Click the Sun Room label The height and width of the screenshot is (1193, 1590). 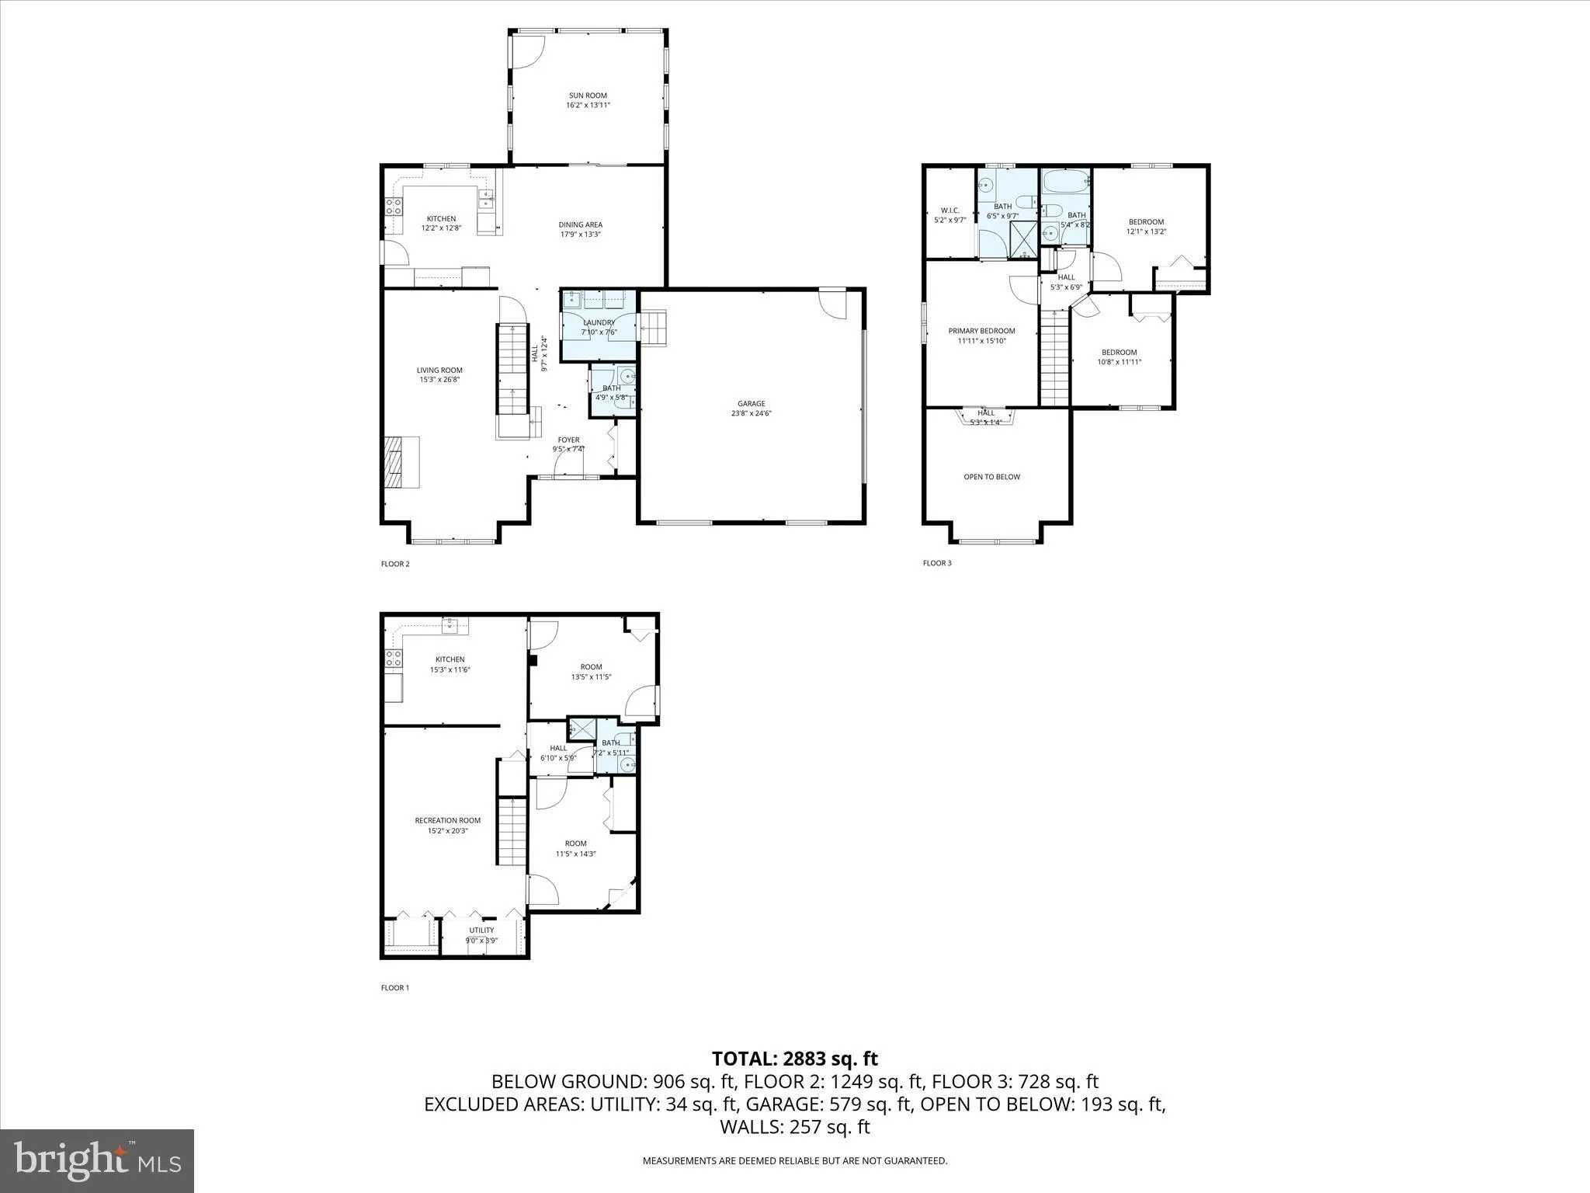tap(588, 96)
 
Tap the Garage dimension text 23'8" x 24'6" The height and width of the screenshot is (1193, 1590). tap(751, 414)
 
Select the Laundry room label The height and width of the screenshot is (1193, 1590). tap(599, 322)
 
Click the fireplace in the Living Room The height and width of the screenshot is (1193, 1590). tap(401, 461)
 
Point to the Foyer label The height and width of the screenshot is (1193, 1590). tap(568, 440)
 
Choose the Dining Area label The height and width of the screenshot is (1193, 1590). tap(580, 224)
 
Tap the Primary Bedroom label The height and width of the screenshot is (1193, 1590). tap(981, 331)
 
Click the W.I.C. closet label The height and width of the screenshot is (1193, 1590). tap(949, 210)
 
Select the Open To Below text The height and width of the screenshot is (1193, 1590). tap(991, 477)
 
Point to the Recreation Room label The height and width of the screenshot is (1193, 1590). tap(447, 820)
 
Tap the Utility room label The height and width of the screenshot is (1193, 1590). tap(481, 930)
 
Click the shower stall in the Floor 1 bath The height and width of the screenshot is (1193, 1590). tap(581, 728)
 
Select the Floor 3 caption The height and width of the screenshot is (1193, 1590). tap(936, 563)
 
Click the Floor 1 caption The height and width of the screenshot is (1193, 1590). tap(394, 988)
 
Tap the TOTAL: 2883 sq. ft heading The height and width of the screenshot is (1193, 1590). tap(794, 1059)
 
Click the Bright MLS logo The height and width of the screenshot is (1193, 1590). tap(97, 1161)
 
